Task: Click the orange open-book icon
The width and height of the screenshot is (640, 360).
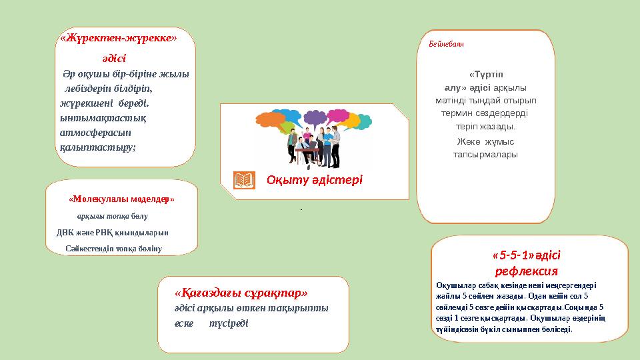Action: (x=245, y=180)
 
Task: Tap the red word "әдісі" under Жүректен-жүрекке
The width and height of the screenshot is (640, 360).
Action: (x=114, y=59)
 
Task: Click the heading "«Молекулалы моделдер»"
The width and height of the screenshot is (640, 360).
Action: (x=122, y=199)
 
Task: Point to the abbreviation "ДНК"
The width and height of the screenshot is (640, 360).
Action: (x=65, y=233)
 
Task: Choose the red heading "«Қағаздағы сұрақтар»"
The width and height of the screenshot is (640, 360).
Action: (x=241, y=293)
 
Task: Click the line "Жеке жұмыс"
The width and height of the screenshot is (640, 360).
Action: (x=485, y=141)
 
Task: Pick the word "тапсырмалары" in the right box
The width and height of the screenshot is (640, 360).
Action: (x=485, y=155)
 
